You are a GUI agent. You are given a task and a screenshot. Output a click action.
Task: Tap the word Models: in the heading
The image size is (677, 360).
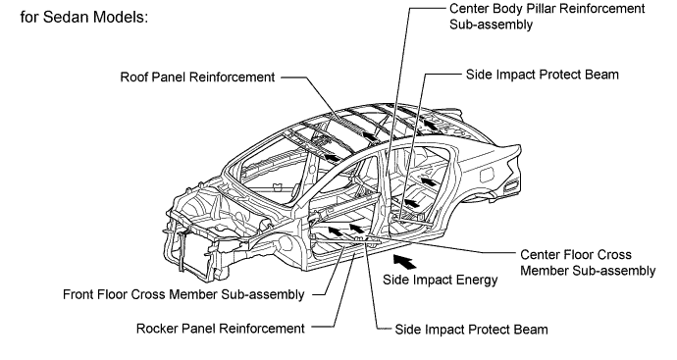point(121,17)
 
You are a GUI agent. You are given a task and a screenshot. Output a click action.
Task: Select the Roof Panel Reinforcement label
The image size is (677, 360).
point(197,77)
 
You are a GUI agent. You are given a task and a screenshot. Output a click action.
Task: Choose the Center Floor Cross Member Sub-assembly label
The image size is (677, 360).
point(588,263)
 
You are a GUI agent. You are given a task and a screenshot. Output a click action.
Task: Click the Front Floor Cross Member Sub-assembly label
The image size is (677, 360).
point(183,294)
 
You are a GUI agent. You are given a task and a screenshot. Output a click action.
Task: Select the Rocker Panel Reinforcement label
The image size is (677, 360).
point(220,329)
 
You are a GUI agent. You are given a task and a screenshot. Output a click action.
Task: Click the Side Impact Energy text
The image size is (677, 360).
point(440,281)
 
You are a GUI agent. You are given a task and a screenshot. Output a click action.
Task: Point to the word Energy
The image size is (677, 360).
point(477,281)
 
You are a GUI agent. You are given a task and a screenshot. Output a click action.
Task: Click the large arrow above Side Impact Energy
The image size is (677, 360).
point(404,262)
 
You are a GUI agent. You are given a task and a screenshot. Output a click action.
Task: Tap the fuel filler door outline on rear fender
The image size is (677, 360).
point(487,174)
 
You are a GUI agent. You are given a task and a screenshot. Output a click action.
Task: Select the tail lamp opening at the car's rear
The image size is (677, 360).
point(511,186)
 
